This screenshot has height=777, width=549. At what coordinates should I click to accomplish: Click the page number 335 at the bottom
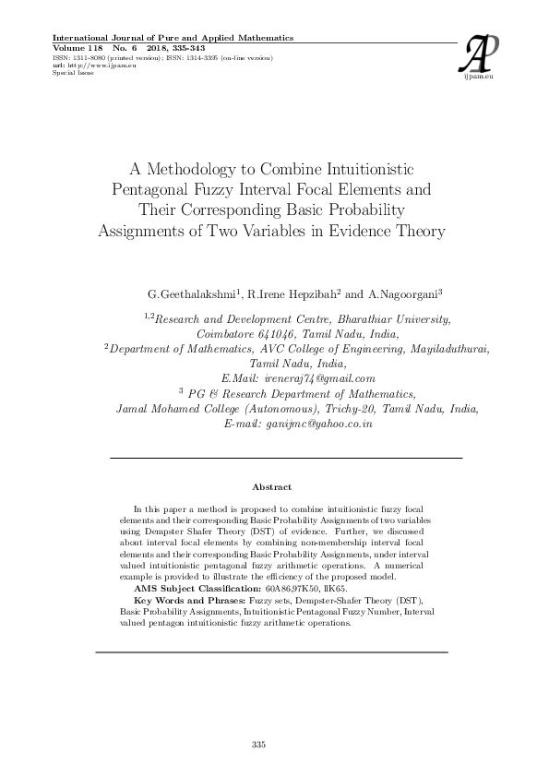[x=258, y=743]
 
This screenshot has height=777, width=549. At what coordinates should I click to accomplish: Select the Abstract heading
[x=271, y=486]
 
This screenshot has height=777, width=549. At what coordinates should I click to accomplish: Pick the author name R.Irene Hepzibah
[x=293, y=294]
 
